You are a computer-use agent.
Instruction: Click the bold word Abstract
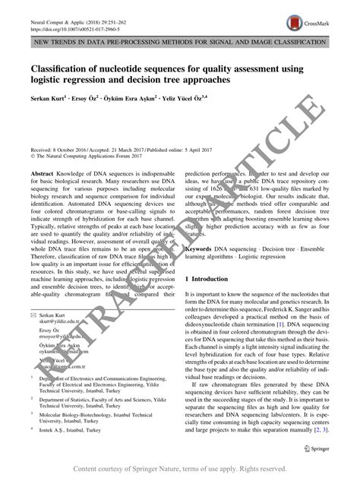[x=43, y=173]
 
